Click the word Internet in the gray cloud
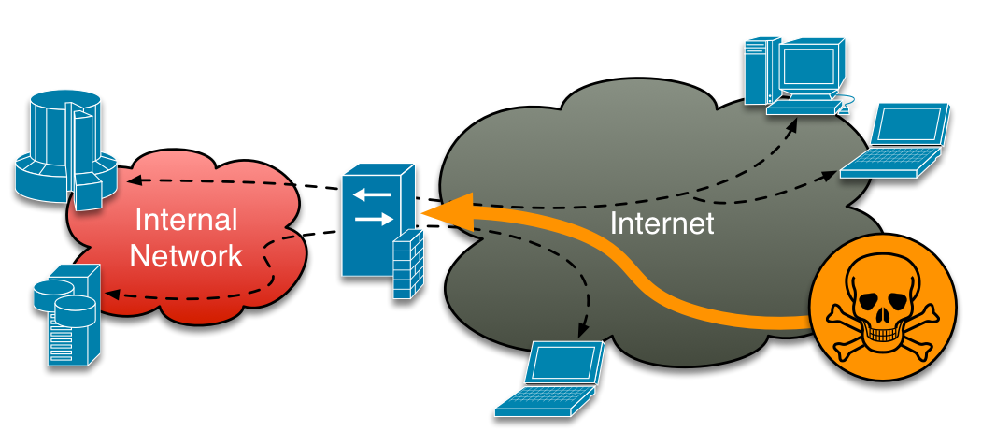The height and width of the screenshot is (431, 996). tap(662, 223)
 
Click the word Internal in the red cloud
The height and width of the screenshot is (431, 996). tap(187, 221)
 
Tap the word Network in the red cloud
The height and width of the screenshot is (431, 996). tap(187, 254)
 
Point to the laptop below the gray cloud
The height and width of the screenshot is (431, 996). tap(552, 378)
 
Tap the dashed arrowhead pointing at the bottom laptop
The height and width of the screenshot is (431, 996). tap(583, 330)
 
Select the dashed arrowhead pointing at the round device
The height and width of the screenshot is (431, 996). tap(134, 180)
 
